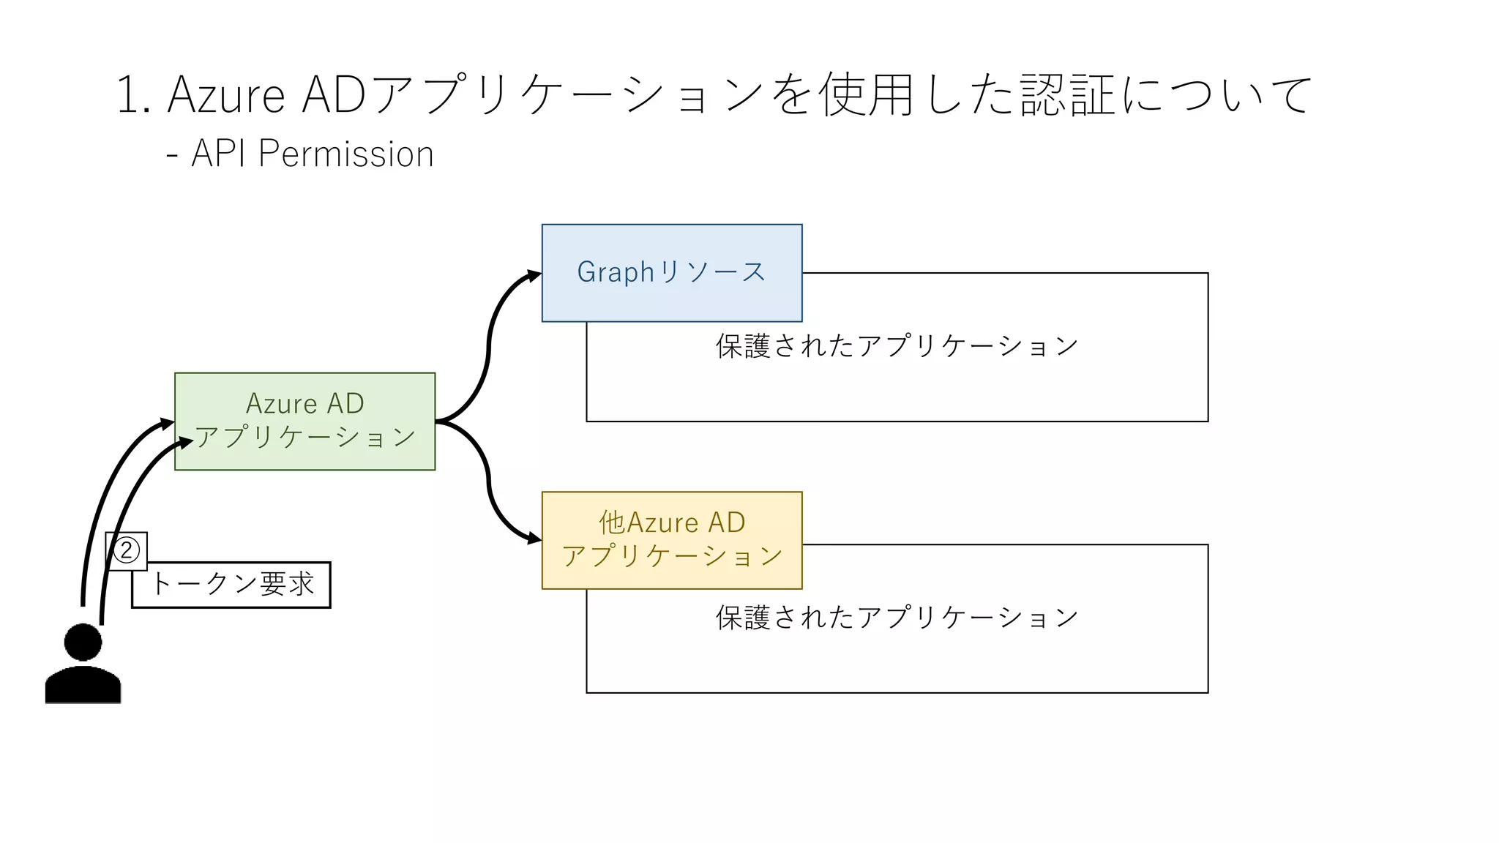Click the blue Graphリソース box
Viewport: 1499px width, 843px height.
(671, 272)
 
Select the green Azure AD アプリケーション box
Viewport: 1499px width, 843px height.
(304, 421)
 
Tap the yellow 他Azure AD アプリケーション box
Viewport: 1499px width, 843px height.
(671, 540)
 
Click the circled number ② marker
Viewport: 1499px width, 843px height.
(127, 550)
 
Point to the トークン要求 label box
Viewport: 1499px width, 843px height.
(231, 585)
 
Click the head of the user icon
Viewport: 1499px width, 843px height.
(83, 642)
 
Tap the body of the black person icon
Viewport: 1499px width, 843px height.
(83, 686)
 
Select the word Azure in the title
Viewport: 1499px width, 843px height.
(226, 95)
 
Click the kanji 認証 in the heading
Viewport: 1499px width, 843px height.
(1068, 95)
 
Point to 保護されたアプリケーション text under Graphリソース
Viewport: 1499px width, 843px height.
(897, 346)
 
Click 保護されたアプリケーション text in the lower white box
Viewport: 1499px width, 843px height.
(897, 618)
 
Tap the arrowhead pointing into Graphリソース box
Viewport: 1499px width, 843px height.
(534, 276)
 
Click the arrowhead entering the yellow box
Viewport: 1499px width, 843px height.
(534, 540)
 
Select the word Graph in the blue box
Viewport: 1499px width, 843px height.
(615, 272)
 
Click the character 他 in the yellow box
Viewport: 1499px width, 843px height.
(612, 522)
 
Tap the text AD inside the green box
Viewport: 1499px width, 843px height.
(345, 404)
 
